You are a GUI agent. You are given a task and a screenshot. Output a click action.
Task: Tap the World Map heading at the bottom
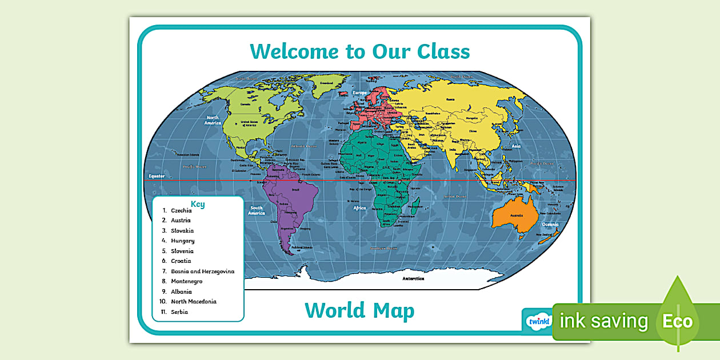[359, 311]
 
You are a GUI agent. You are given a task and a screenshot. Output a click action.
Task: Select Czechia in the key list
[181, 210]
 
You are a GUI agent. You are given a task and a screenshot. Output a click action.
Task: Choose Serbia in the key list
[179, 312]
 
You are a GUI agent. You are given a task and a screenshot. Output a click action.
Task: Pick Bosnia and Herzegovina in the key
[202, 271]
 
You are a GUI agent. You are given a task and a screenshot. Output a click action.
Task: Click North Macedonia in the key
[194, 302]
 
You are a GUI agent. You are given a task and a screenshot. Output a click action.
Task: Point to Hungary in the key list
[182, 241]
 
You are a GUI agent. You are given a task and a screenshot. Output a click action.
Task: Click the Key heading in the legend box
[198, 204]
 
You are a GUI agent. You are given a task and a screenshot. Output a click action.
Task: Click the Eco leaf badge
[678, 320]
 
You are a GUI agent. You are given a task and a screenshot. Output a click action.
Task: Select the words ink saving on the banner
[604, 321]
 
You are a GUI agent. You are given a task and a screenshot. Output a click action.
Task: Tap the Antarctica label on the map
[413, 278]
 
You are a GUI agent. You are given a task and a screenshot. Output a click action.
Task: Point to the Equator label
[157, 176]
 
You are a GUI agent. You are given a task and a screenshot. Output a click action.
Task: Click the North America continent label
[213, 120]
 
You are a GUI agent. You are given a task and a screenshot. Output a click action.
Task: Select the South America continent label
[257, 210]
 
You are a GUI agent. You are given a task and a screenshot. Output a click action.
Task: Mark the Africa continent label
[359, 208]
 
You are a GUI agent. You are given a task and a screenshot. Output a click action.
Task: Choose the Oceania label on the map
[550, 224]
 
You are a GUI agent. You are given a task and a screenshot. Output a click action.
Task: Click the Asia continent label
[516, 146]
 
